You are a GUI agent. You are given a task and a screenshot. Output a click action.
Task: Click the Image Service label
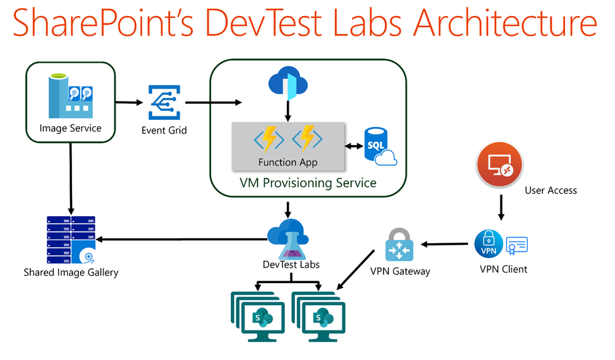tap(70, 128)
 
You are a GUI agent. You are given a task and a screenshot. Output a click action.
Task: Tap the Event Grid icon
tap(163, 102)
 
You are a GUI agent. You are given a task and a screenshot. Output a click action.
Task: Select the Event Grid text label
tap(164, 130)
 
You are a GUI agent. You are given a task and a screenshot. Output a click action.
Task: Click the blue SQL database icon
tap(379, 146)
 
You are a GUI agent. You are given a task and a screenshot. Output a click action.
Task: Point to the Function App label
tap(288, 162)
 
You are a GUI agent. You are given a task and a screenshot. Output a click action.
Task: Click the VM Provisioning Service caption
tap(308, 183)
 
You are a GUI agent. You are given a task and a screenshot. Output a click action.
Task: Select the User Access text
tap(550, 190)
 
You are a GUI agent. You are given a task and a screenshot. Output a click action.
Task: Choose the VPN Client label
tap(504, 269)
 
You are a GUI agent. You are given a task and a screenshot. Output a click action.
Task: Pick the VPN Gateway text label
tap(400, 271)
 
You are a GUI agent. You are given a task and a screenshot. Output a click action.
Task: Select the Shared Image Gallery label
tap(71, 272)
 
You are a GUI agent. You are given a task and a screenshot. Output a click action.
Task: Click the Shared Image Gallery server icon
tap(71, 239)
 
